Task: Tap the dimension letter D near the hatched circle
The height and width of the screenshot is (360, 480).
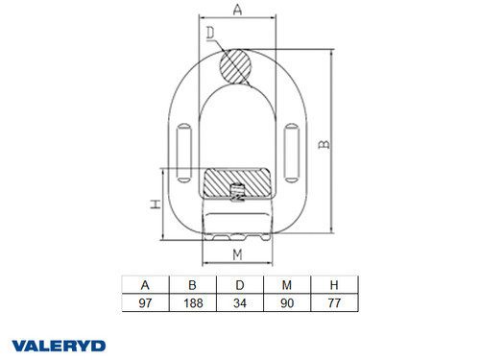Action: [210, 36]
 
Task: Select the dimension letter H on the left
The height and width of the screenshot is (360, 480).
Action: [155, 204]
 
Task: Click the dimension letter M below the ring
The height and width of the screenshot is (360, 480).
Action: [236, 254]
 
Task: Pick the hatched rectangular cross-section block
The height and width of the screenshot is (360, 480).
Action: [237, 180]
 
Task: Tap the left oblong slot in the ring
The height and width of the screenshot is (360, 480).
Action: [183, 145]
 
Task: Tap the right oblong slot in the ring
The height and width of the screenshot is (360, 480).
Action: [292, 145]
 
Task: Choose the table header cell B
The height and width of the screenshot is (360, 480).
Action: [192, 284]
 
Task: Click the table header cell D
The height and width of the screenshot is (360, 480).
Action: [239, 284]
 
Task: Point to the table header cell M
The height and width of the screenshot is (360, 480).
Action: [286, 284]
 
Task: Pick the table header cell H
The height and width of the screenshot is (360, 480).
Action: [333, 284]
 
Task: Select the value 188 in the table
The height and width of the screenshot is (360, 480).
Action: [192, 301]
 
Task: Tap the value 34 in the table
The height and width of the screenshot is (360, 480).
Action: [239, 301]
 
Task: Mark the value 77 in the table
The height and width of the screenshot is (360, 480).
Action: [333, 301]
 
